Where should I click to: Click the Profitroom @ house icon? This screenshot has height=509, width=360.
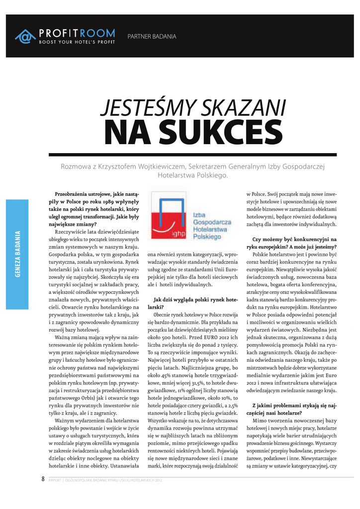point(25,36)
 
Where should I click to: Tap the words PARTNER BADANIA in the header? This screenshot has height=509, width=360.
point(152,36)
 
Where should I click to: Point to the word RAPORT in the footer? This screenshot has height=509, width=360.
point(55,480)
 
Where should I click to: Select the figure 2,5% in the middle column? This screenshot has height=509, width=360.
point(230,406)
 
